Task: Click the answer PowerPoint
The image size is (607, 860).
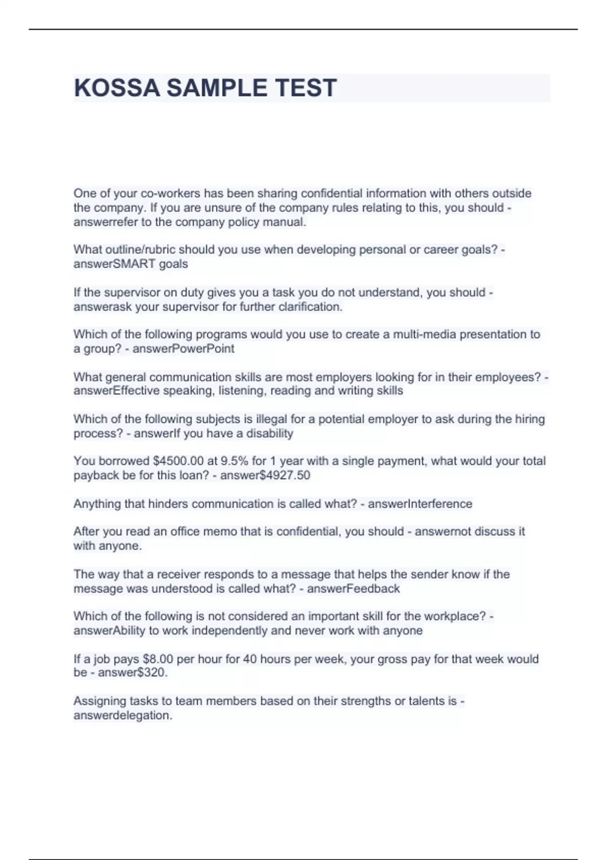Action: pos(203,349)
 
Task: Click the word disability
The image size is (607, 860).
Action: pos(269,433)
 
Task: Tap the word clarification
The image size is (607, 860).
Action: pos(311,307)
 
